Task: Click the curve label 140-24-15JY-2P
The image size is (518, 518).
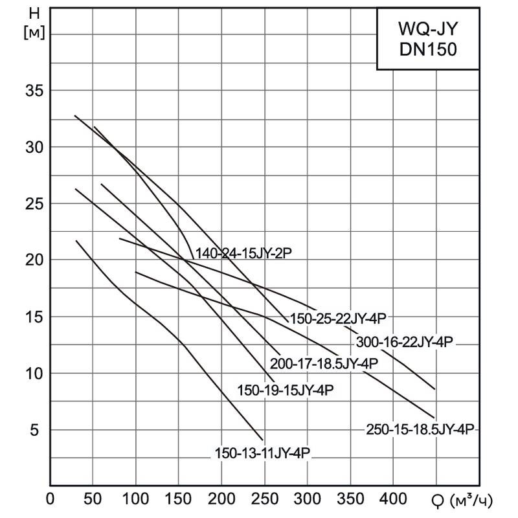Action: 243,254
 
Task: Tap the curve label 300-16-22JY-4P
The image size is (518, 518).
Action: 405,341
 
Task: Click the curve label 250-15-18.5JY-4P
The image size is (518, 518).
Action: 421,429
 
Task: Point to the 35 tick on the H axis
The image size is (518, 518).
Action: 34,91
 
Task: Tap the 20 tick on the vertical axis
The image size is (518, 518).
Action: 34,260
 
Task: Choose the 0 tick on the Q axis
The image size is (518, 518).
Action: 51,500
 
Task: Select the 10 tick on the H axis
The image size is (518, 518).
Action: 34,374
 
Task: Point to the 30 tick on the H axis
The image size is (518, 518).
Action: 34,147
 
